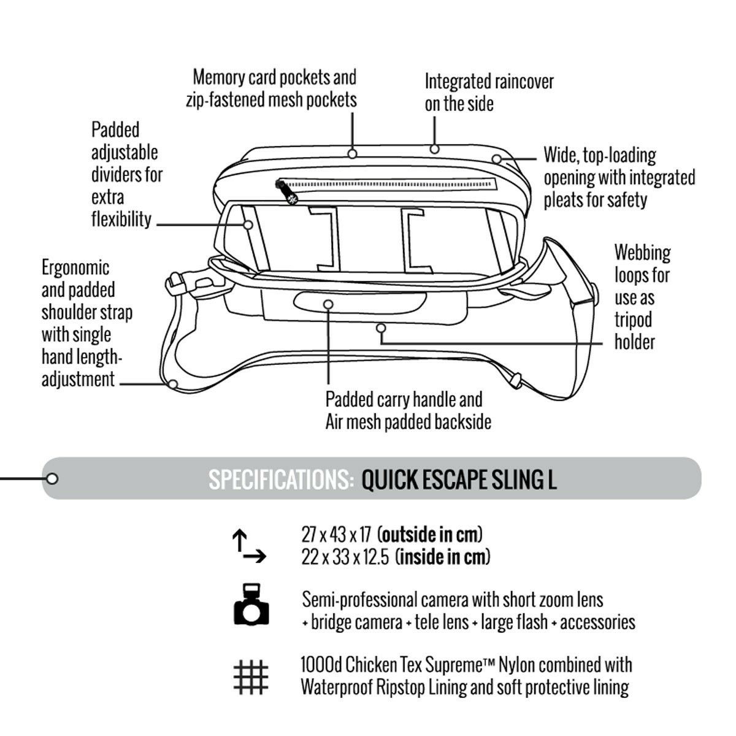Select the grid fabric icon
click(251, 677)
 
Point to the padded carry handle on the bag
click(328, 304)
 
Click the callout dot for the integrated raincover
click(434, 148)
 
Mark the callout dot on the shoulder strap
click(173, 384)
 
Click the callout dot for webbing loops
click(381, 328)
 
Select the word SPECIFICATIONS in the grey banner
click(281, 480)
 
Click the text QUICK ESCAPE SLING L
click(459, 480)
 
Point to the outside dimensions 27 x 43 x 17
click(336, 534)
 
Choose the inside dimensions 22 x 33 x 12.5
click(345, 558)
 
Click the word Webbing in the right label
click(643, 253)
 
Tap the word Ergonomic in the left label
click(75, 267)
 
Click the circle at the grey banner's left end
click(52, 478)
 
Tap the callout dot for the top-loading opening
click(495, 158)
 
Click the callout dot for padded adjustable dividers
click(248, 224)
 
